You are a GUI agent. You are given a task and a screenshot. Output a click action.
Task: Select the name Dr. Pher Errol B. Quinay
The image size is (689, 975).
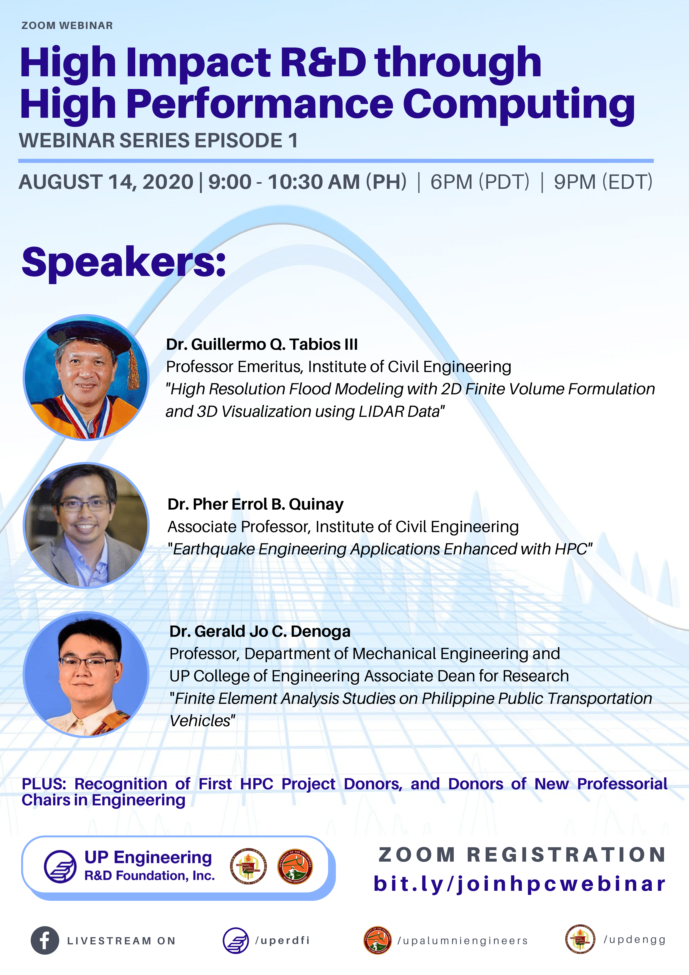[256, 504]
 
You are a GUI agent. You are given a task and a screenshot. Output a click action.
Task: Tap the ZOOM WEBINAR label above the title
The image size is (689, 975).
[67, 25]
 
